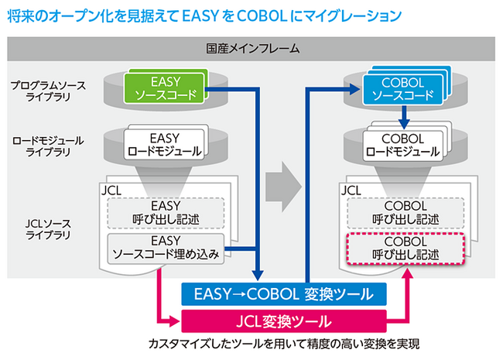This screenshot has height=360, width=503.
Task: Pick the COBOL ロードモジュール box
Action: (402, 146)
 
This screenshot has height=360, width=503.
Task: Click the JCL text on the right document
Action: (351, 188)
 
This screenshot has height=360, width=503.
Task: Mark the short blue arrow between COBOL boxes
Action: (402, 117)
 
